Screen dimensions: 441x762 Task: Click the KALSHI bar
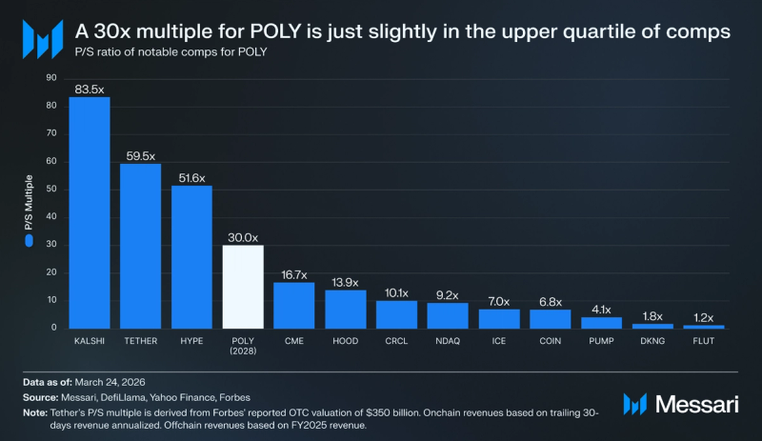click(x=90, y=212)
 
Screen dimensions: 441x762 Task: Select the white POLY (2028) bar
click(x=243, y=287)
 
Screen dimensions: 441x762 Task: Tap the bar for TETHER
click(x=141, y=246)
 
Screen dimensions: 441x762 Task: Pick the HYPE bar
click(x=191, y=256)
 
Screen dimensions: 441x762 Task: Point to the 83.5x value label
click(x=90, y=90)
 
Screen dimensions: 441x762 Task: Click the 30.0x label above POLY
click(x=243, y=237)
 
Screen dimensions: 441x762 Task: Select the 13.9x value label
click(x=345, y=282)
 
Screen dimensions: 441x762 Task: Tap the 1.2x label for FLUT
click(x=703, y=317)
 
